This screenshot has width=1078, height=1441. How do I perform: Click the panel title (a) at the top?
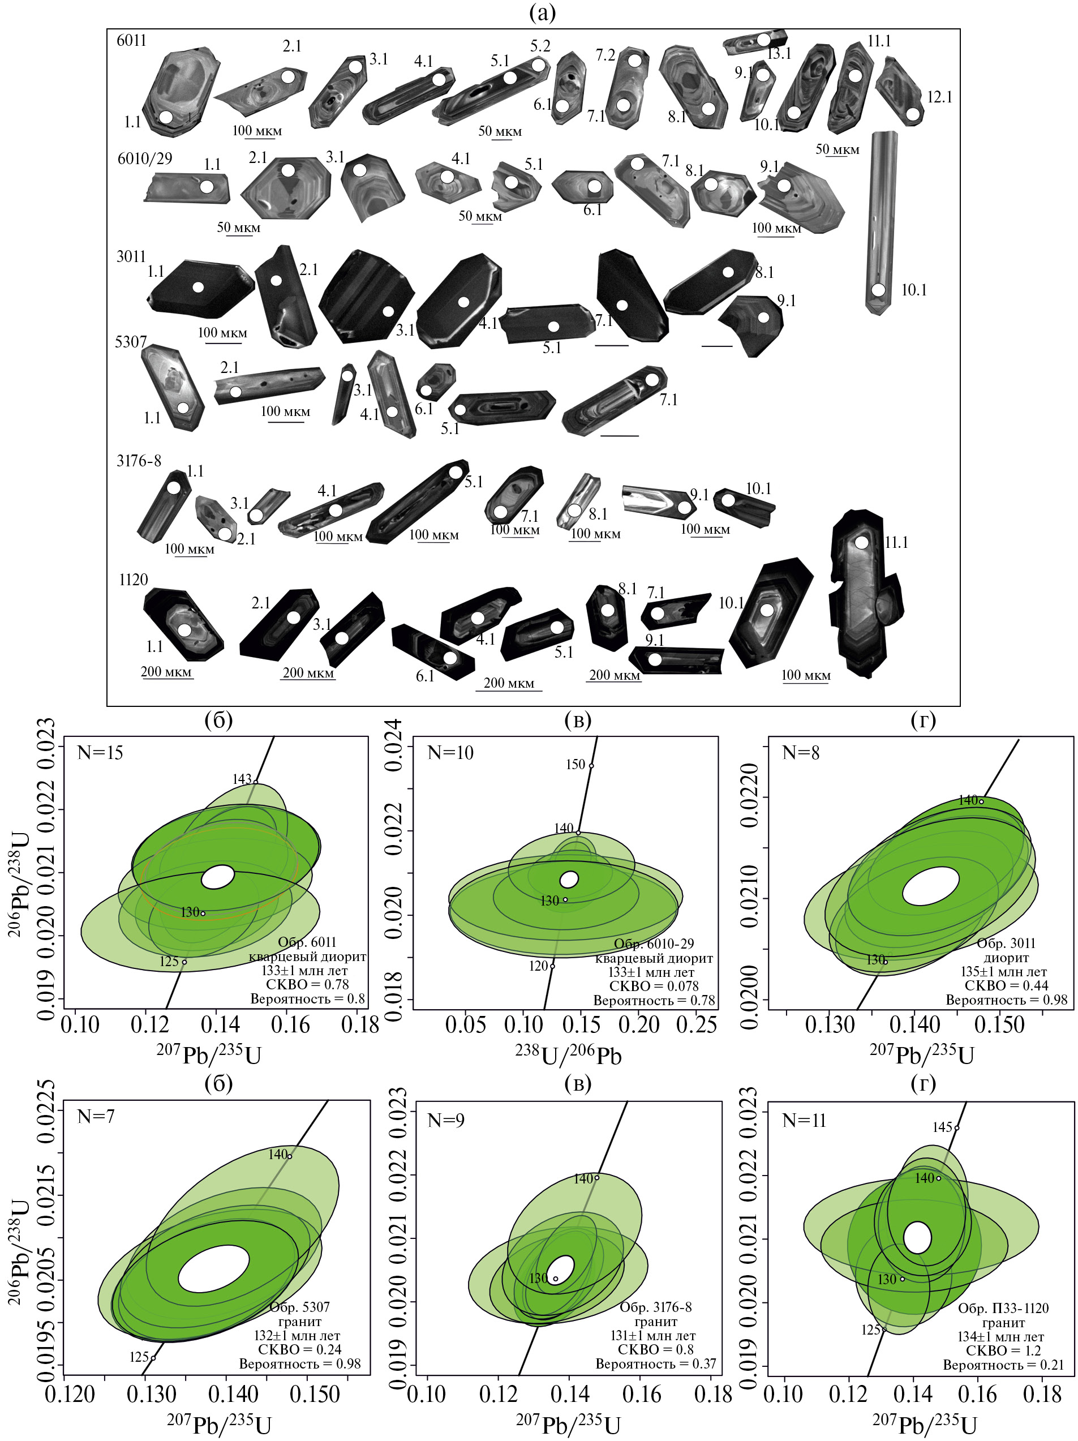tap(543, 12)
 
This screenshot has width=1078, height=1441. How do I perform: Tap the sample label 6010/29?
tap(145, 158)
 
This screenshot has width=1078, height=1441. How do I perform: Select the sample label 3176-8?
tap(139, 461)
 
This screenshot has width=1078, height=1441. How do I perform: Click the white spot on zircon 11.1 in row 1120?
tap(862, 542)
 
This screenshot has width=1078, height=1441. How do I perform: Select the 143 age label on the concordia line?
tap(242, 779)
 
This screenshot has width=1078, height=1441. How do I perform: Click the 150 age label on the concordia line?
tap(575, 764)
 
